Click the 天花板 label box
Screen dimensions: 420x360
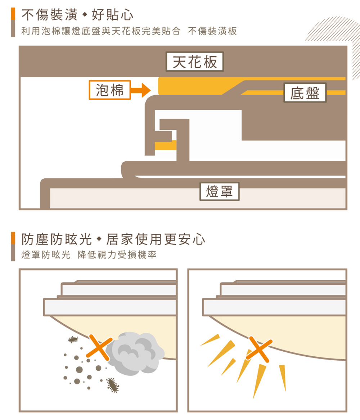(x=195, y=62)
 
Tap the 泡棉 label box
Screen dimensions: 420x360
(x=109, y=90)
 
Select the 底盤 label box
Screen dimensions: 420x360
(x=305, y=93)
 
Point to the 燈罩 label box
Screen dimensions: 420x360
(x=219, y=191)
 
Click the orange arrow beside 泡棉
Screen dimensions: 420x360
(x=141, y=90)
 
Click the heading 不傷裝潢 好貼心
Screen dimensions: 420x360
(x=77, y=15)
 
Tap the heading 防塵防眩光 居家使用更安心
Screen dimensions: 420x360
(x=113, y=239)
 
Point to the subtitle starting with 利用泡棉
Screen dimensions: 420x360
(x=129, y=31)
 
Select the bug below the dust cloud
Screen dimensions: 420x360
(x=113, y=385)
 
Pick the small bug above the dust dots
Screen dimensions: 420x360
(x=73, y=339)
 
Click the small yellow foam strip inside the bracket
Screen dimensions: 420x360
(x=166, y=145)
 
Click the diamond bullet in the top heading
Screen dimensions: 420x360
(x=85, y=15)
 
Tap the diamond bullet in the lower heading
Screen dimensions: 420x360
(x=100, y=239)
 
